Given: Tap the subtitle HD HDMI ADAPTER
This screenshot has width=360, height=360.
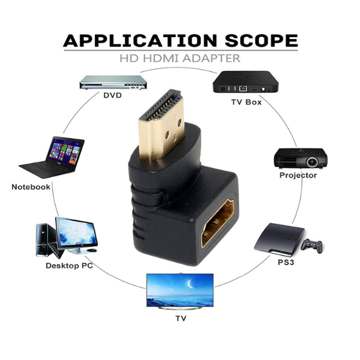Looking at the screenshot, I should tap(180, 59).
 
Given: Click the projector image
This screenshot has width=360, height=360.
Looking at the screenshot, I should tap(301, 157).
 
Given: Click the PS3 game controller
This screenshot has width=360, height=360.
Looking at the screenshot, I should tap(311, 245).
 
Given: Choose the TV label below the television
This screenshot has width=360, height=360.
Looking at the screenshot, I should tap(180, 319).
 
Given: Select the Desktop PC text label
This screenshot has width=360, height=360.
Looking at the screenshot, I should tap(69, 265).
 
